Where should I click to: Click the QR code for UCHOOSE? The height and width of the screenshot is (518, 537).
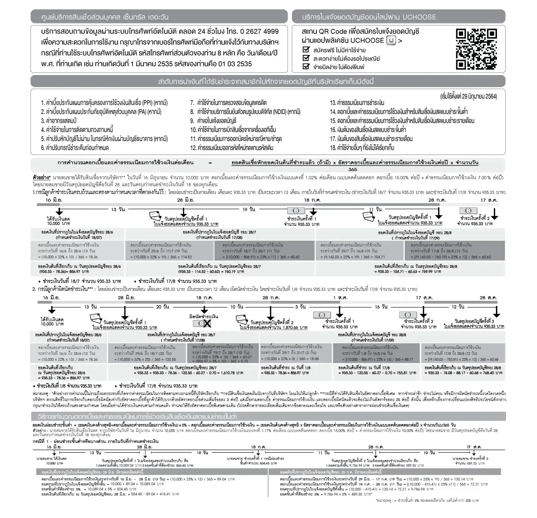point(476,49)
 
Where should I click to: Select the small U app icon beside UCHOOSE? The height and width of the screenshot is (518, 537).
point(391,41)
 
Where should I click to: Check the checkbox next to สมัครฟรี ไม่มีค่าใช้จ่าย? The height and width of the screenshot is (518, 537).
point(306,50)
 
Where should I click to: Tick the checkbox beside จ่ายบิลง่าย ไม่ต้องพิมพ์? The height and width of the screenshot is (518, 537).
point(306,66)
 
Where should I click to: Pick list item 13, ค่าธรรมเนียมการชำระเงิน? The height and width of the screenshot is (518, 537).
point(357,103)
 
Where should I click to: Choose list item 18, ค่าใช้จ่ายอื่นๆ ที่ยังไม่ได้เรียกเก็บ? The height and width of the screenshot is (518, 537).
point(362,148)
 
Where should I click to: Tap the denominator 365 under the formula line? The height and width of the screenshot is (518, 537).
point(353,169)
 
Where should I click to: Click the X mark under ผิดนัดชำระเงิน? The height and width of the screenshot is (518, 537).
point(207,324)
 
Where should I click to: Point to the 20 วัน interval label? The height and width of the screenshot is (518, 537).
point(163,307)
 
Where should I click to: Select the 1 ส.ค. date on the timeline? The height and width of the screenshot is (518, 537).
point(340,298)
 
